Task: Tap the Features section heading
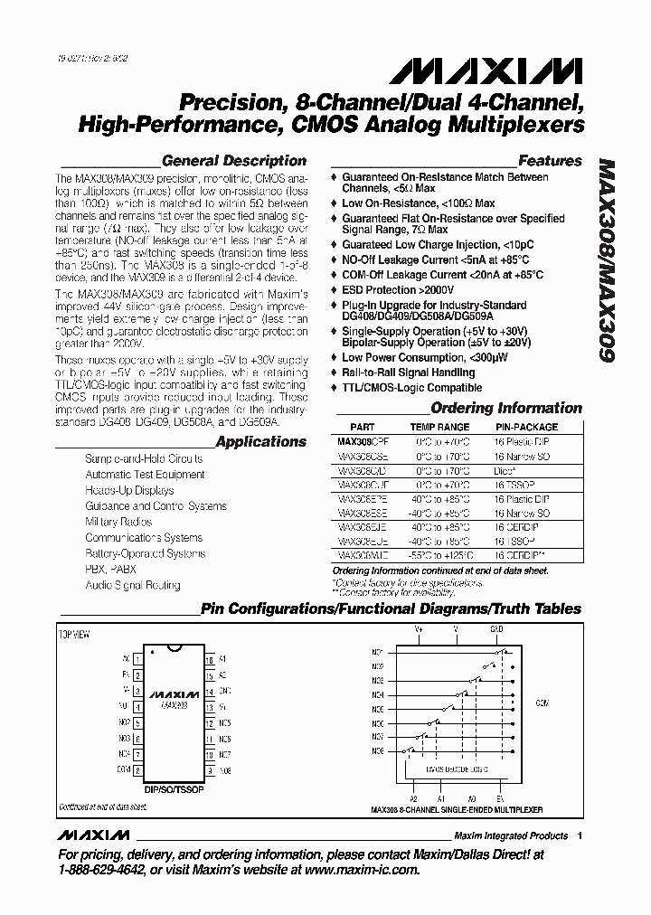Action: point(550,161)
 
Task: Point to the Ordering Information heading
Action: point(505,408)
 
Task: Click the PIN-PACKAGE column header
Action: point(526,427)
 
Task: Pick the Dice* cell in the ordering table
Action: point(505,471)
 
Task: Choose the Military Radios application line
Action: point(119,522)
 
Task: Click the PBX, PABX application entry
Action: point(111,570)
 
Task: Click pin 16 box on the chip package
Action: point(209,660)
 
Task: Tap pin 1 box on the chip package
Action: point(137,660)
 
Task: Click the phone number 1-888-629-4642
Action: point(102,870)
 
